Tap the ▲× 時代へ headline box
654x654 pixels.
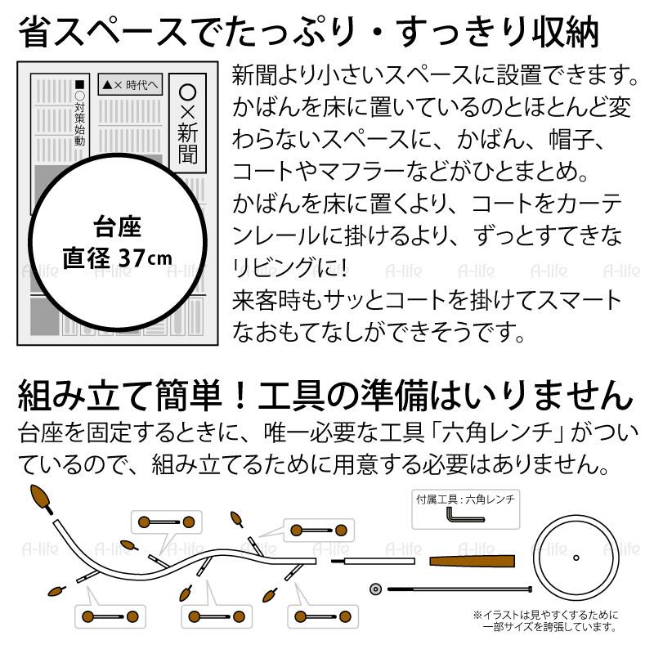[132, 84]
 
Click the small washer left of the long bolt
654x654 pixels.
[376, 588]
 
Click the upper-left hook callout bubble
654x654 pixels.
[166, 522]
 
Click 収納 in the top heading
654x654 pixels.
[563, 34]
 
